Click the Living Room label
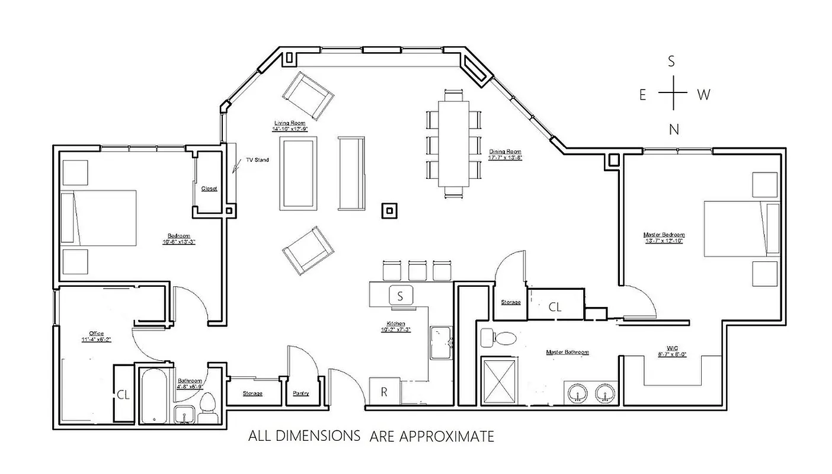tap(290, 123)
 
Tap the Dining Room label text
tap(505, 152)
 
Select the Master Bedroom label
tap(664, 235)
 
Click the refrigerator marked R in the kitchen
tap(384, 392)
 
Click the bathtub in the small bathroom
tap(155, 395)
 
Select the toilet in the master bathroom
tap(498, 337)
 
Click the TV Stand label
tap(257, 160)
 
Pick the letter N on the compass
tap(673, 130)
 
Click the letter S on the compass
tap(671, 61)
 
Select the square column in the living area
tap(389, 210)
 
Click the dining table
tap(454, 143)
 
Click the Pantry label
tap(301, 393)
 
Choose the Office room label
tap(96, 334)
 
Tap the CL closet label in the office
tap(123, 393)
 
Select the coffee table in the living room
tap(298, 172)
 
